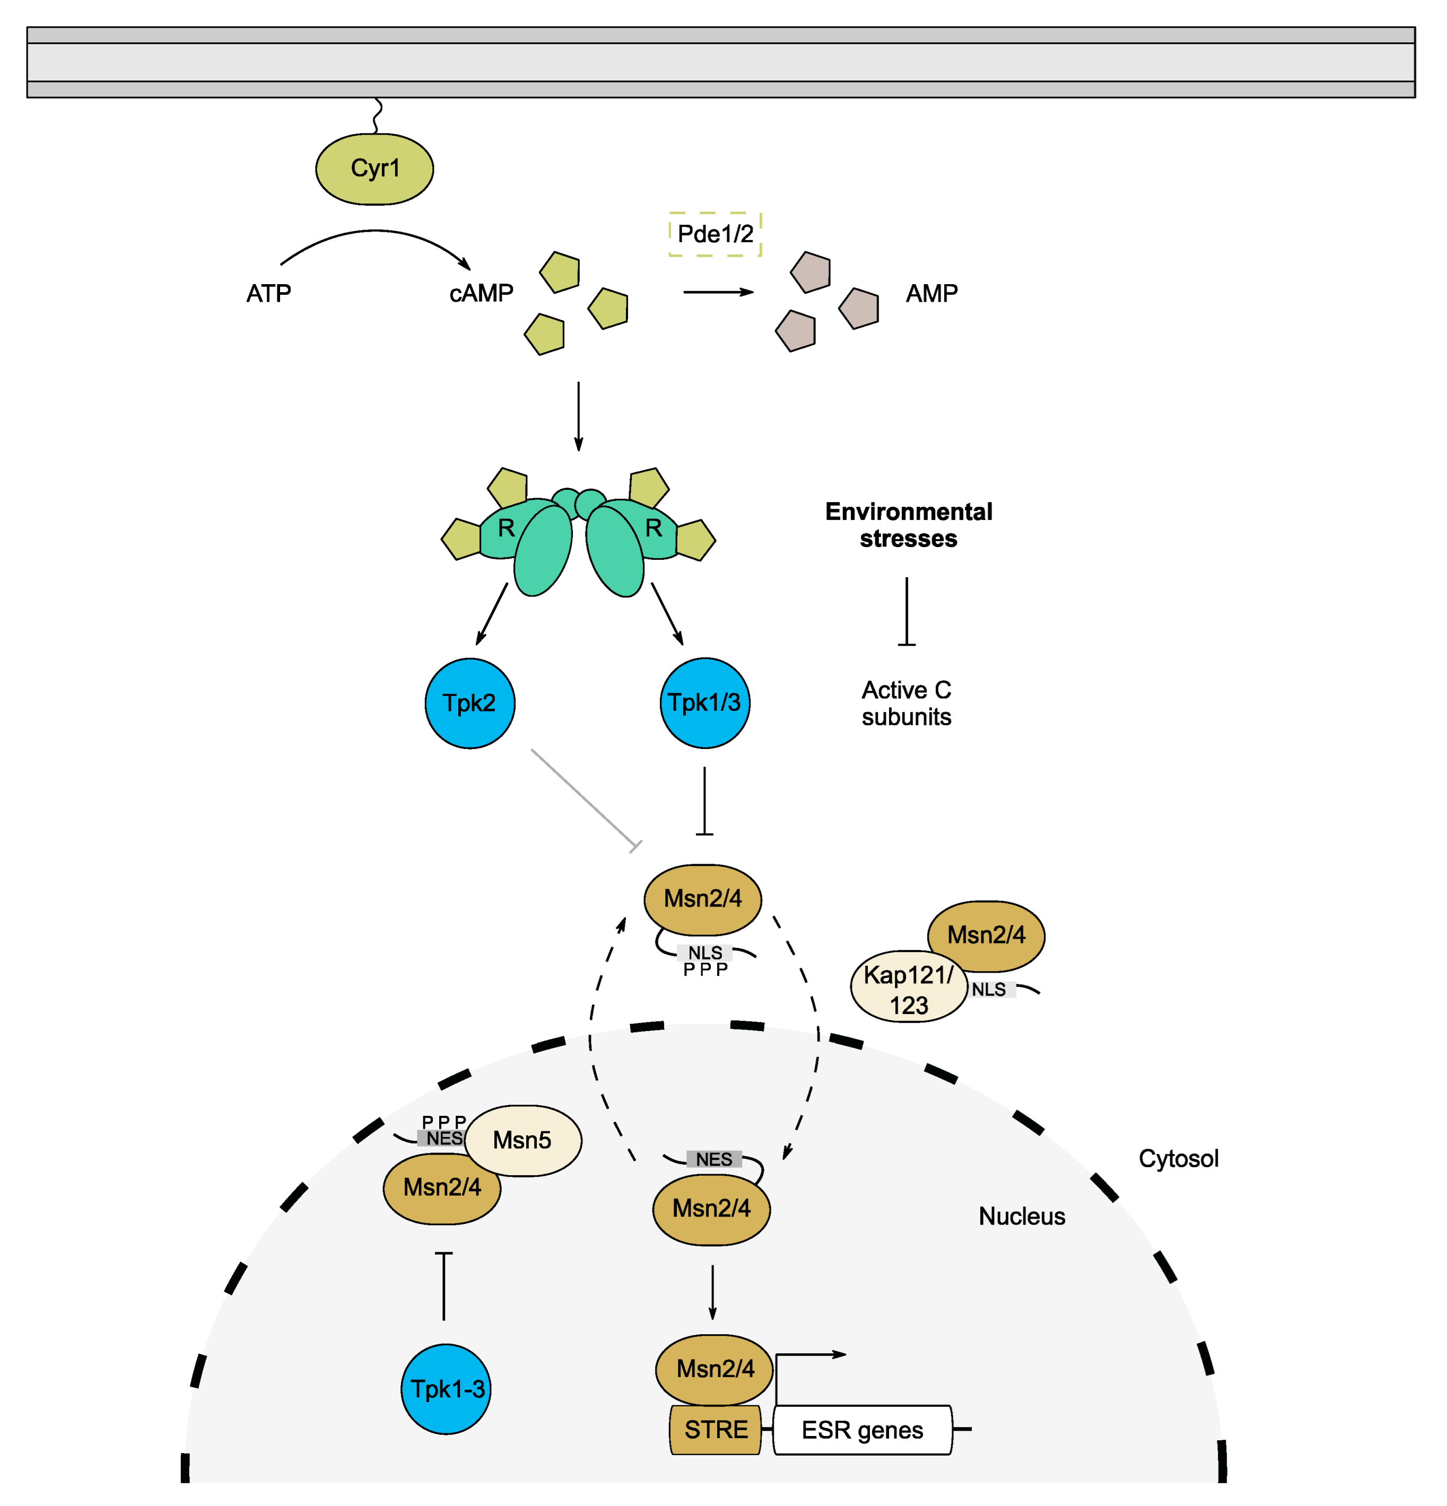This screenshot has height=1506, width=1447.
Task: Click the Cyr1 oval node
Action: tap(374, 169)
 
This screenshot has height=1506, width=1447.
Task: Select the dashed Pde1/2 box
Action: tap(714, 234)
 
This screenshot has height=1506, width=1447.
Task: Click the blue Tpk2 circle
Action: tap(470, 703)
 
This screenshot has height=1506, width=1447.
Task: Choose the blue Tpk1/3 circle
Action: tap(704, 703)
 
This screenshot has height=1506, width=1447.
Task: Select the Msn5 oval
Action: tap(524, 1140)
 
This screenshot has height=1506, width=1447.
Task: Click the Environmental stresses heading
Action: tap(908, 525)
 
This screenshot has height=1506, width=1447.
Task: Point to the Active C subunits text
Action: tap(906, 703)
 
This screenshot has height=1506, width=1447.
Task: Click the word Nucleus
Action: tap(1021, 1217)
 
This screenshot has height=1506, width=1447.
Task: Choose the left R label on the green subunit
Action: tap(506, 529)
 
